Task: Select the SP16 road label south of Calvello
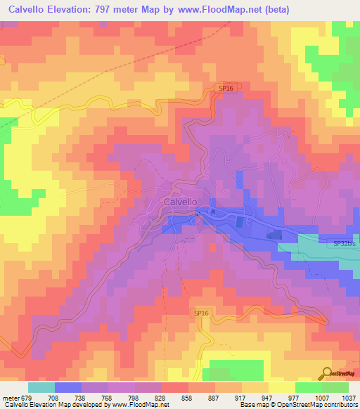pyautogui.click(x=201, y=313)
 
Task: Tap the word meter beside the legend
pyautogui.click(x=10, y=397)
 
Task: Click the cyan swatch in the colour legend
pyautogui.click(x=41, y=387)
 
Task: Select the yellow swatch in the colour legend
pyautogui.click(x=282, y=387)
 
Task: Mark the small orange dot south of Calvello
pyautogui.click(x=212, y=247)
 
